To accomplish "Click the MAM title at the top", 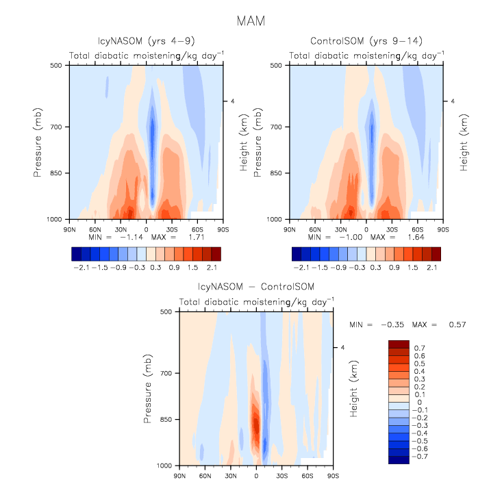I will (x=250, y=21).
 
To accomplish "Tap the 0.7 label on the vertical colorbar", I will (x=419, y=348).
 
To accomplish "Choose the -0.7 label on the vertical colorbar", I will (x=421, y=455).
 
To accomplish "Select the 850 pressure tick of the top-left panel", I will (x=55, y=173).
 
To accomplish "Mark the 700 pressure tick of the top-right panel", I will (x=277, y=127).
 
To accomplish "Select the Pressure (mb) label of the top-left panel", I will (x=38, y=142).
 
